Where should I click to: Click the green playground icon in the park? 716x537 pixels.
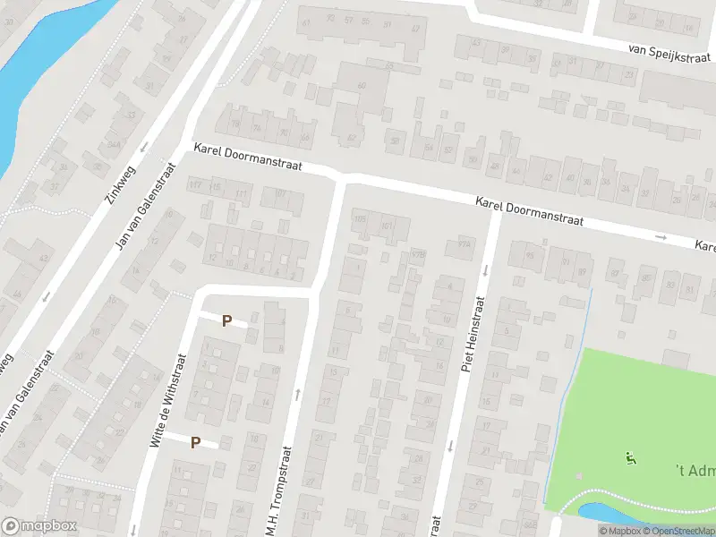pos(630,458)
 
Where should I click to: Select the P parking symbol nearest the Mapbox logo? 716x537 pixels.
pos(195,442)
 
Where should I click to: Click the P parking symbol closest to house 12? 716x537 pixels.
pos(226,320)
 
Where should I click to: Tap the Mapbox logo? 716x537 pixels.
pos(40,526)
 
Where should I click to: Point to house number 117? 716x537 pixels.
pos(194,184)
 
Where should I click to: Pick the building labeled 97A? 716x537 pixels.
pos(464,243)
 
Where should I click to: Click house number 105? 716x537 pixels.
pos(361,218)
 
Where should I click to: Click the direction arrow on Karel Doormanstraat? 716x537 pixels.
pos(661,237)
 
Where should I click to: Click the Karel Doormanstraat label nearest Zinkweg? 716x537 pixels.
pos(248,160)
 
